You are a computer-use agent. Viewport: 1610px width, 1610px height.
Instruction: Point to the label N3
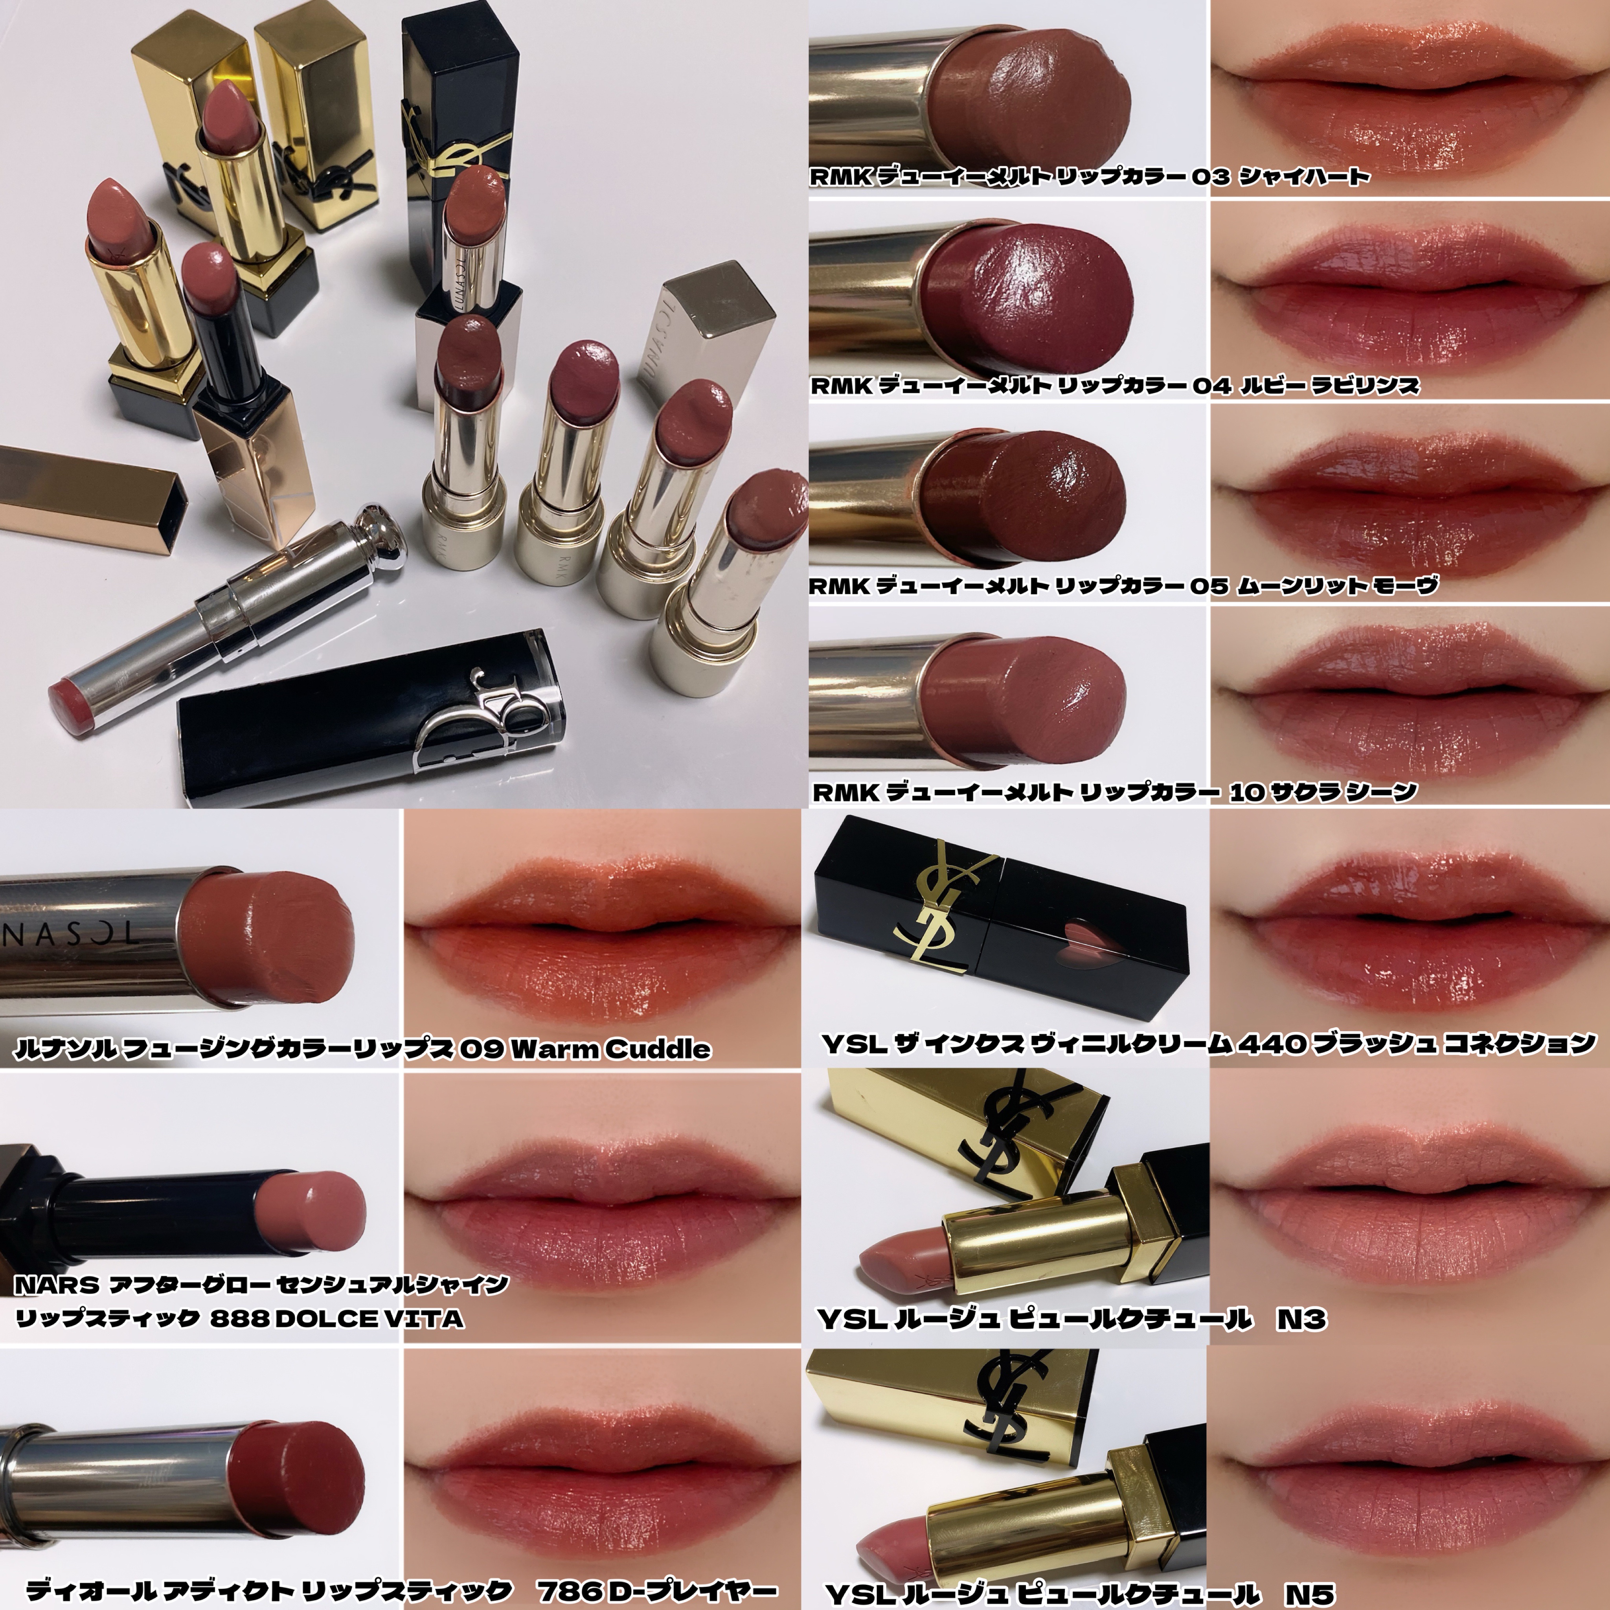coord(1302,1319)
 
